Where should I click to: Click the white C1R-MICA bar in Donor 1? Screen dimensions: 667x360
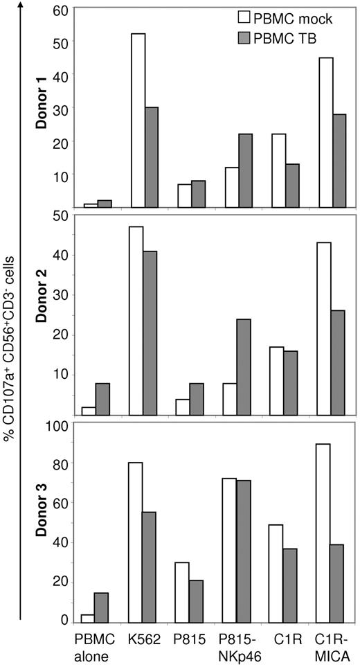pos(326,132)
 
